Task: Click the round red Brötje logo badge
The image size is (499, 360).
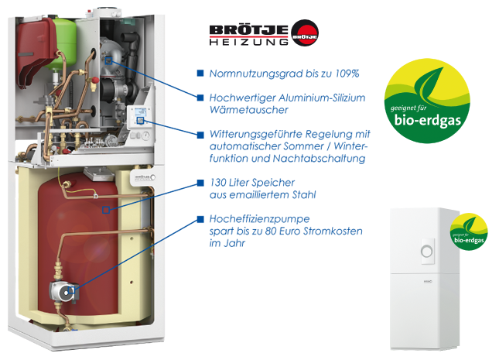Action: (x=305, y=33)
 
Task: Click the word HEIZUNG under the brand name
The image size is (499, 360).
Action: (x=248, y=42)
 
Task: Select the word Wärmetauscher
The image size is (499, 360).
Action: (x=248, y=110)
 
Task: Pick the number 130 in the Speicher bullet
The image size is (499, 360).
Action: (x=217, y=183)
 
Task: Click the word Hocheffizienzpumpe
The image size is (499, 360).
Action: (x=259, y=219)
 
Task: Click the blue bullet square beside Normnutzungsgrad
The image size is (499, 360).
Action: (x=200, y=74)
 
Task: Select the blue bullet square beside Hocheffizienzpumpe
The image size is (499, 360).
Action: (x=200, y=219)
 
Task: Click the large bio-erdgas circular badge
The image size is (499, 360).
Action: (x=427, y=101)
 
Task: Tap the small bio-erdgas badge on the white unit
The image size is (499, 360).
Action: (x=469, y=231)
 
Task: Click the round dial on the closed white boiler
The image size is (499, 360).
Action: (x=427, y=252)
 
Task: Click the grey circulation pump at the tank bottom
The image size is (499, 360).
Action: (x=63, y=290)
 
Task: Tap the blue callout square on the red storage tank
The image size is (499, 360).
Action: (x=106, y=210)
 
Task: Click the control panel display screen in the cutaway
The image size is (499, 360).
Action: (x=140, y=112)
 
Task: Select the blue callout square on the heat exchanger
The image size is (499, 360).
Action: (x=108, y=60)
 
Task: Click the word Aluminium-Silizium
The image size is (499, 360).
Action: (x=322, y=98)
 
